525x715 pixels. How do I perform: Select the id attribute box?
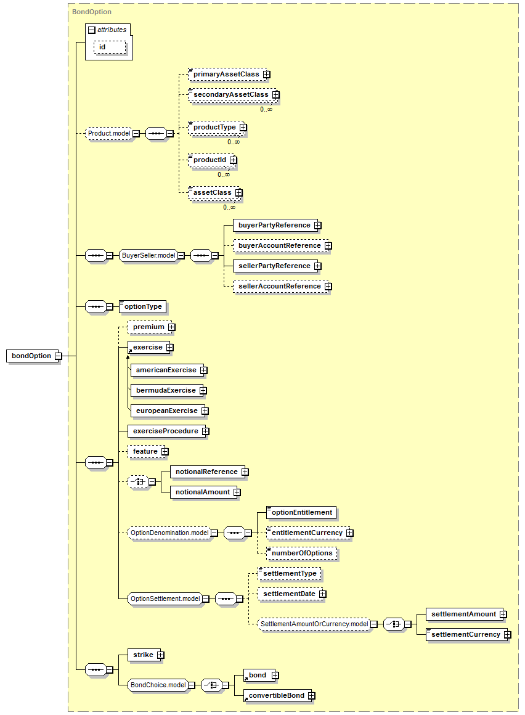[110, 47]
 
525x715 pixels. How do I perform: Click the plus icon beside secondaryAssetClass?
[276, 95]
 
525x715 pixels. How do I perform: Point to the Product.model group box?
[109, 134]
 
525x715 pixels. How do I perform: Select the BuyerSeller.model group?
[149, 255]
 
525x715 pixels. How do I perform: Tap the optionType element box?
[142, 306]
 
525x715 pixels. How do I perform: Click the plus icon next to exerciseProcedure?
[206, 431]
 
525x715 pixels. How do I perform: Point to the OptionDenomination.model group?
[169, 533]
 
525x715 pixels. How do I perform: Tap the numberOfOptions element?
[302, 553]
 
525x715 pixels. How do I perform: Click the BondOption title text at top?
[92, 12]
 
